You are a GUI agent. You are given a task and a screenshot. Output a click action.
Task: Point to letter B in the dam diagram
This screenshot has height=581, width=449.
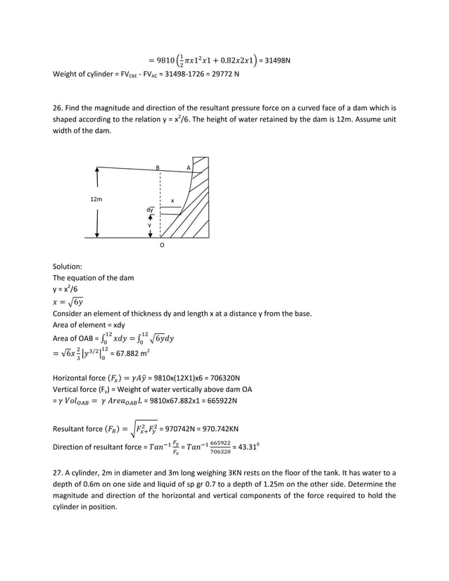[x=158, y=167]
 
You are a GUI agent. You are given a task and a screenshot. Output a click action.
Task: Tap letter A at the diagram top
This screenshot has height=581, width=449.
[x=188, y=167]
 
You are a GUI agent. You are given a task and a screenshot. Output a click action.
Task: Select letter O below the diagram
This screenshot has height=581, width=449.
[x=162, y=246]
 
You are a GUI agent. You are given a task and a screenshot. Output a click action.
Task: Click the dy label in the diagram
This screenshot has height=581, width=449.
[x=150, y=210]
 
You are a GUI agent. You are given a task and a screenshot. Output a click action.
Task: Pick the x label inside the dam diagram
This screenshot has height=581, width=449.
[x=172, y=201]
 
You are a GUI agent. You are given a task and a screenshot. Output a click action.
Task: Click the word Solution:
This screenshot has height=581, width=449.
[x=68, y=267]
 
